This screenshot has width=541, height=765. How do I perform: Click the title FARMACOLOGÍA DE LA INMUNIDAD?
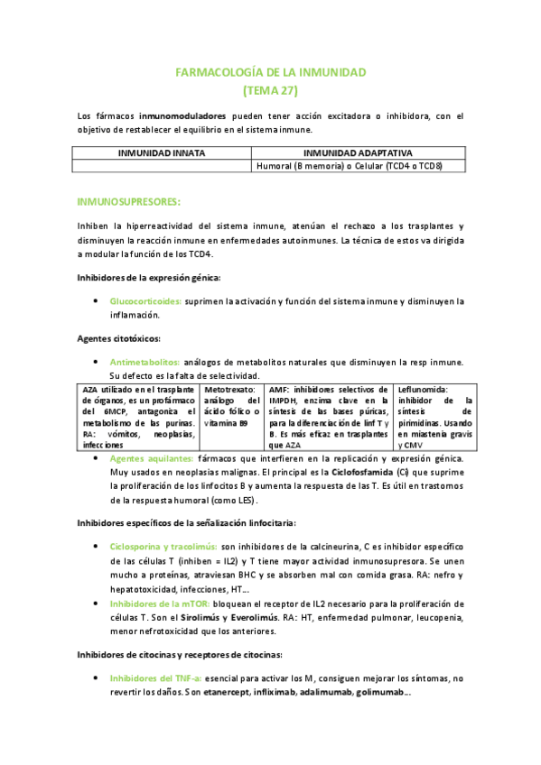(271, 71)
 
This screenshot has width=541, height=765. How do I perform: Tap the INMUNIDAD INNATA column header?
(161, 154)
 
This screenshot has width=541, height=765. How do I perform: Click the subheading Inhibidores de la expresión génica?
(148, 277)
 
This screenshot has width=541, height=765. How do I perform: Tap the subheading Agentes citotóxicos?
(118, 338)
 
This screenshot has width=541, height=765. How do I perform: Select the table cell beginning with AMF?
(330, 416)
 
